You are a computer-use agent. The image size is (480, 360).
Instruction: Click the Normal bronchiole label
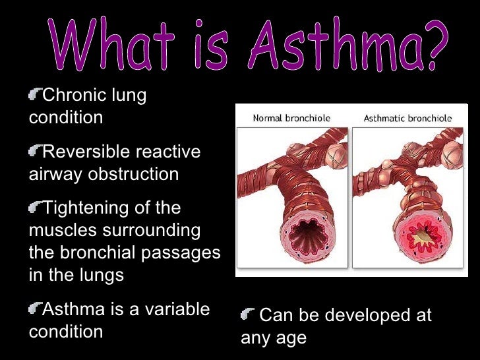(292, 119)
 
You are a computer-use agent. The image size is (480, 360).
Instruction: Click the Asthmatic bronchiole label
(408, 119)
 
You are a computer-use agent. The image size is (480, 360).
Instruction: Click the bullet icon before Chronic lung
(34, 96)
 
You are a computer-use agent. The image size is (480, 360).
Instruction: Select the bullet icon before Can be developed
(248, 315)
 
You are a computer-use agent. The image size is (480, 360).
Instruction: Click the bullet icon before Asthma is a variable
(34, 309)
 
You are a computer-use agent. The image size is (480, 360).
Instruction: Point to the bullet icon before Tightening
(34, 208)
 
